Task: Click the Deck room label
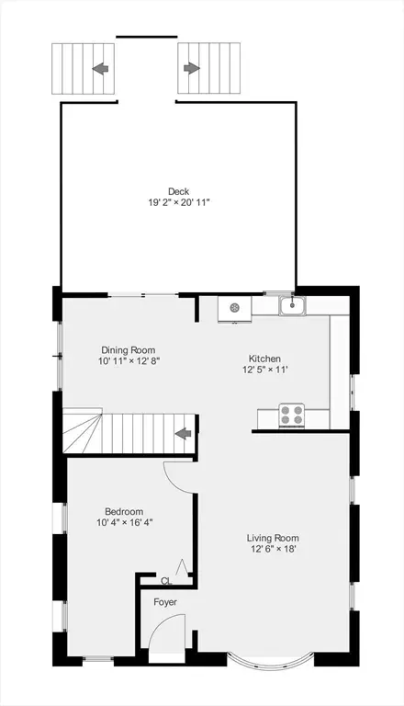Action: click(179, 192)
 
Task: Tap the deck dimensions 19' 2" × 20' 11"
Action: click(179, 202)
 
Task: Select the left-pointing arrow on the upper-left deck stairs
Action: click(100, 68)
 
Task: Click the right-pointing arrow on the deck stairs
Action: click(192, 68)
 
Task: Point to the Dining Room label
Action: click(129, 350)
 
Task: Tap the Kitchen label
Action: click(264, 359)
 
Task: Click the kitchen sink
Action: click(292, 306)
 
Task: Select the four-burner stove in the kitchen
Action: click(292, 416)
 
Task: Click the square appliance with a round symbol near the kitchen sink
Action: click(234, 309)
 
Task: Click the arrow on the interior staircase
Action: click(183, 434)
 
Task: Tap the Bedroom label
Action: click(124, 512)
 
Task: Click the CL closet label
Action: click(166, 581)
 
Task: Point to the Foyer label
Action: click(165, 602)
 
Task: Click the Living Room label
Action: click(273, 538)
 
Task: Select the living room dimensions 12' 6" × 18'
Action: click(273, 550)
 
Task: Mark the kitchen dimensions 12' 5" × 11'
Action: click(265, 370)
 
